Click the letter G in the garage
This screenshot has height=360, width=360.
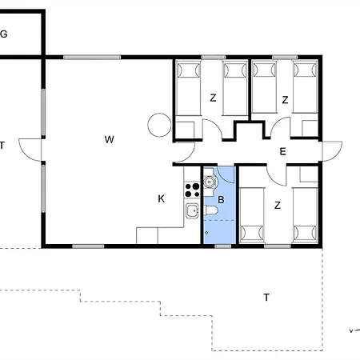(3, 34)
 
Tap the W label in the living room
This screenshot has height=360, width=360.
(110, 139)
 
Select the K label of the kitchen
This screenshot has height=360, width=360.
(162, 198)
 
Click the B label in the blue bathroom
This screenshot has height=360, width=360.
(221, 200)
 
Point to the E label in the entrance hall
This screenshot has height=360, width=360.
(282, 152)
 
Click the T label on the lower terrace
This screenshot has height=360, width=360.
(266, 297)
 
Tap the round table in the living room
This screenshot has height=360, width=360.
(159, 125)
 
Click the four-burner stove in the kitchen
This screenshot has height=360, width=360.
(192, 190)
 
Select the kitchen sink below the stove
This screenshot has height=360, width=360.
(192, 211)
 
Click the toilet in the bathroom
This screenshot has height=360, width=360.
(210, 210)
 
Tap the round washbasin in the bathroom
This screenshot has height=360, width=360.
(210, 182)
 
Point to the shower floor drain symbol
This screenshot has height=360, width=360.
(206, 233)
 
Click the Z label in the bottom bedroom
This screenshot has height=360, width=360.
(278, 206)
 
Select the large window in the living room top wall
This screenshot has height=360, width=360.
(92, 57)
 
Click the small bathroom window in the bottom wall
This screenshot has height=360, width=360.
(223, 246)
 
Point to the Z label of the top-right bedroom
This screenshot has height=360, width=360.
(285, 100)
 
